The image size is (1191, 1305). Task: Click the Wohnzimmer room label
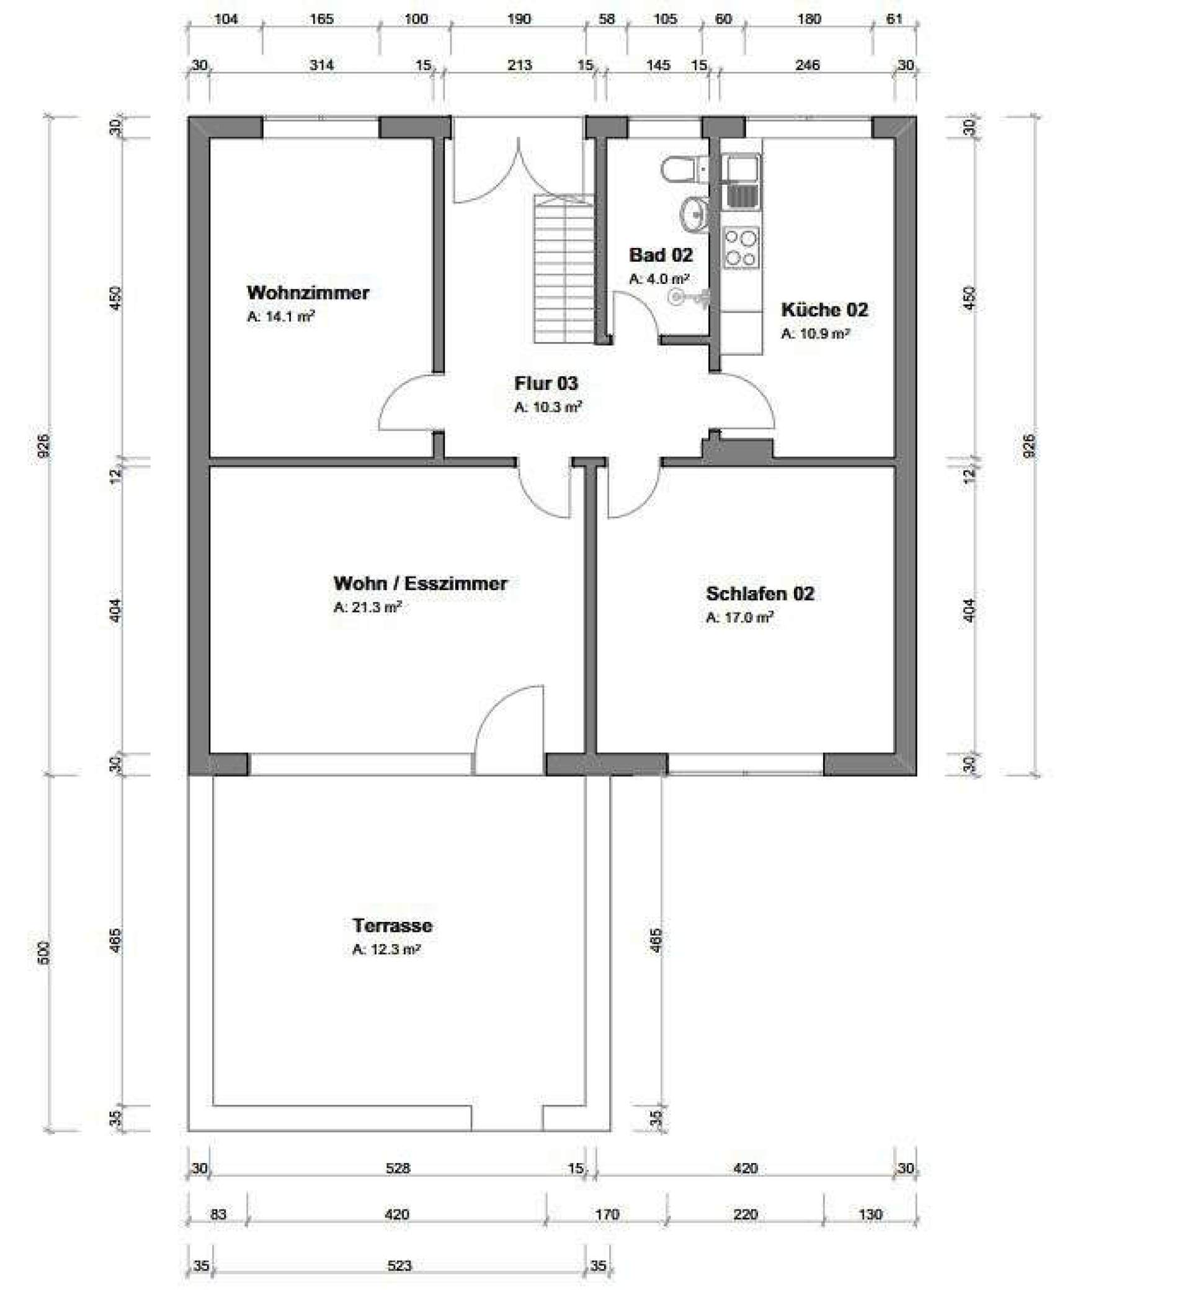pyautogui.click(x=308, y=293)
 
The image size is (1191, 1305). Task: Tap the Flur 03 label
pyautogui.click(x=545, y=383)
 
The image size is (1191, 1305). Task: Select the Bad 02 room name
pyautogui.click(x=660, y=255)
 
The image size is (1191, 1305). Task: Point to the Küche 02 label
pyautogui.click(x=824, y=309)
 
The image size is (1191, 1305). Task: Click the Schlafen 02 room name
pyautogui.click(x=760, y=593)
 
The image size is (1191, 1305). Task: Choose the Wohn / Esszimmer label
pyautogui.click(x=421, y=583)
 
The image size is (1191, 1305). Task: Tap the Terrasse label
pyautogui.click(x=392, y=925)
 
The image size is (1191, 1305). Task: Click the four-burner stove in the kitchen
pyautogui.click(x=741, y=248)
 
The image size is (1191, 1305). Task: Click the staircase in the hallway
pyautogui.click(x=563, y=268)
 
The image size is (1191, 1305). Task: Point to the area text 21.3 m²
pyautogui.click(x=367, y=608)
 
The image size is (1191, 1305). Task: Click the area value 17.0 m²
pyautogui.click(x=739, y=617)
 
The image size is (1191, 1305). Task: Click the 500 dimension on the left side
pyautogui.click(x=44, y=952)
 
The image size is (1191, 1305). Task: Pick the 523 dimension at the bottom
pyautogui.click(x=399, y=1265)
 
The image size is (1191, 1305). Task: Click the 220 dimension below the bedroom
pyautogui.click(x=745, y=1214)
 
